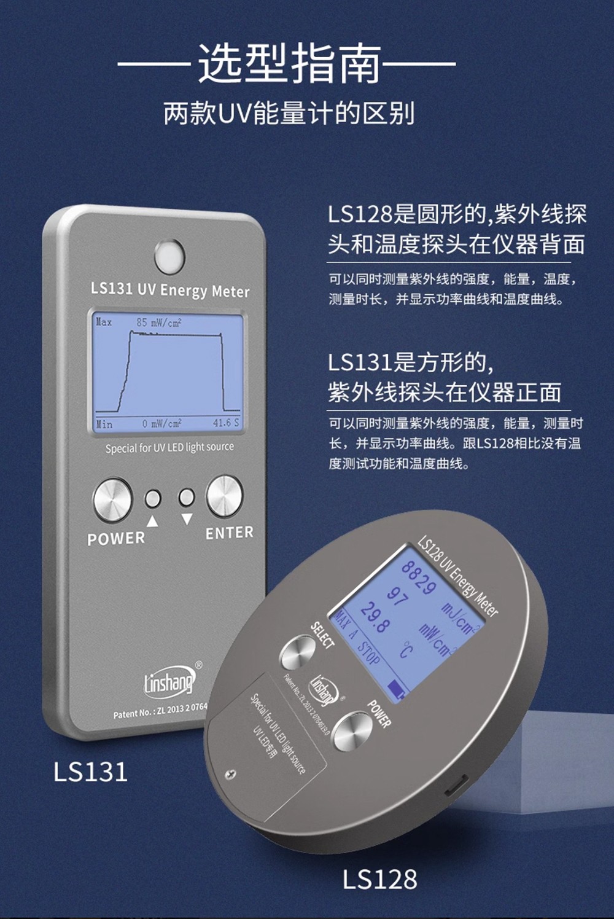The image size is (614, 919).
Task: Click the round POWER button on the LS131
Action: coord(113,499)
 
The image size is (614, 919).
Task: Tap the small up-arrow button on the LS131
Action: coord(153,498)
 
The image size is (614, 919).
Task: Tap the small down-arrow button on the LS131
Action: coord(187,497)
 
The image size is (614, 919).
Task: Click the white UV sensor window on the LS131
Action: coord(169,256)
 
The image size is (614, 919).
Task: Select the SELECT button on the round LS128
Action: coord(298,652)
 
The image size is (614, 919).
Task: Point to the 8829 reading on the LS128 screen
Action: coord(418,577)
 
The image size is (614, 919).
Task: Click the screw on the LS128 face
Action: coord(230,774)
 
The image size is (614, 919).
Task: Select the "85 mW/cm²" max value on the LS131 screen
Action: coord(159,323)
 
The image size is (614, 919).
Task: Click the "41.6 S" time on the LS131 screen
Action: coord(225,423)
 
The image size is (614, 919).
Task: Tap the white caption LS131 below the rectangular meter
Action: coord(91,772)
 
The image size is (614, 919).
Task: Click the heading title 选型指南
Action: coord(290,63)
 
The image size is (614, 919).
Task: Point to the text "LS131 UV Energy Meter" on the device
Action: coord(170,290)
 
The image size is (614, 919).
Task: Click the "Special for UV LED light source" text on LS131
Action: coord(170,447)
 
